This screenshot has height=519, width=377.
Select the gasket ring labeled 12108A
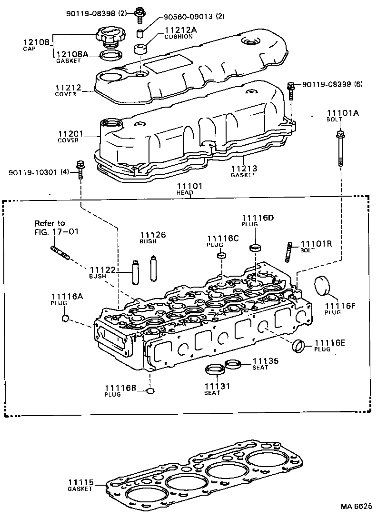pos(110,56)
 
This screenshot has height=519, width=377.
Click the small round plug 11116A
pos(66,318)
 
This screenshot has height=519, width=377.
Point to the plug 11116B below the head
pos(150,391)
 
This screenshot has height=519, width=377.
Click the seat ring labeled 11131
pos(215,369)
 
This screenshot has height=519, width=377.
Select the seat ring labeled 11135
pos(232,364)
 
